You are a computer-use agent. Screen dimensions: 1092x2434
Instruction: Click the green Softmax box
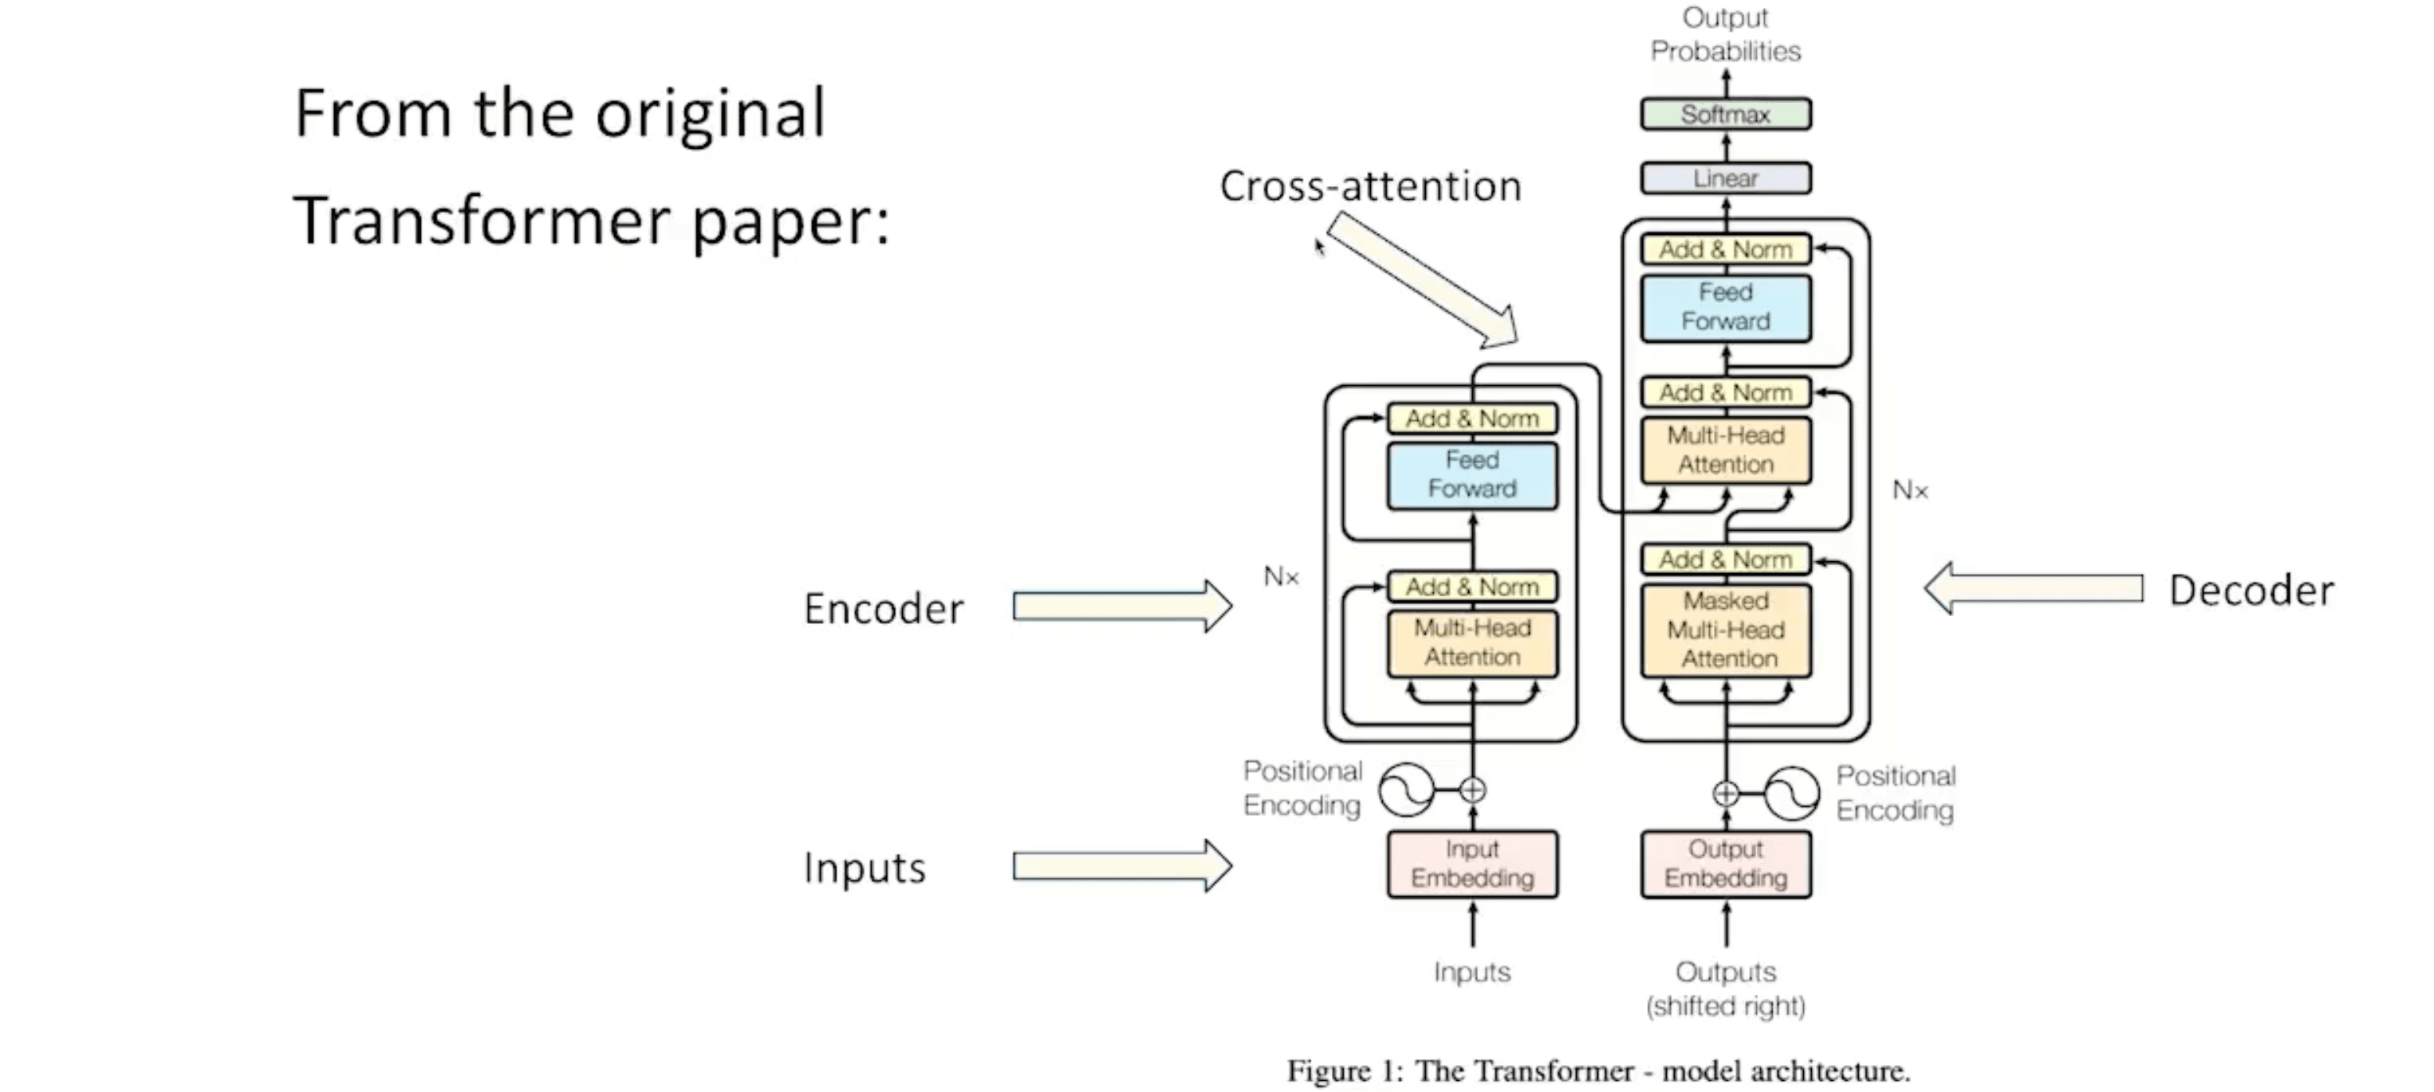(1725, 114)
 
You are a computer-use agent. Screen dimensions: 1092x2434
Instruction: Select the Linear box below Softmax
(1725, 179)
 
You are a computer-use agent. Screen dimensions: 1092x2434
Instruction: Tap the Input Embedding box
(1472, 863)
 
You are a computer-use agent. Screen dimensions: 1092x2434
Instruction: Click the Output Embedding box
(1725, 863)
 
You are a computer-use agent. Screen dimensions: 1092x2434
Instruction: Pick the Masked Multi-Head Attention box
(1725, 630)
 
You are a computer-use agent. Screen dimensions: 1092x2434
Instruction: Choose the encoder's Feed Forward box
(1472, 475)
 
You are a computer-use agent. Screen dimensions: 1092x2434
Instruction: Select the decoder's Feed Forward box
(1725, 307)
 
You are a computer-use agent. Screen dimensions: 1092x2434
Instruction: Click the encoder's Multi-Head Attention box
(1472, 642)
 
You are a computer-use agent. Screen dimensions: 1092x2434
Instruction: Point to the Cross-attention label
(1370, 186)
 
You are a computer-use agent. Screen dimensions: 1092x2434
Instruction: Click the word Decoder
(2251, 591)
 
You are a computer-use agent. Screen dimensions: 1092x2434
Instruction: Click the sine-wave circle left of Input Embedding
(1406, 790)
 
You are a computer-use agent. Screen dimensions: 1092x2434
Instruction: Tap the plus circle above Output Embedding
(1725, 794)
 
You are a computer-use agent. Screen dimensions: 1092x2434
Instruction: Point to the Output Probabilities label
(1725, 34)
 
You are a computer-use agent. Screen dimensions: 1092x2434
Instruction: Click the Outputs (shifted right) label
(1725, 988)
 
